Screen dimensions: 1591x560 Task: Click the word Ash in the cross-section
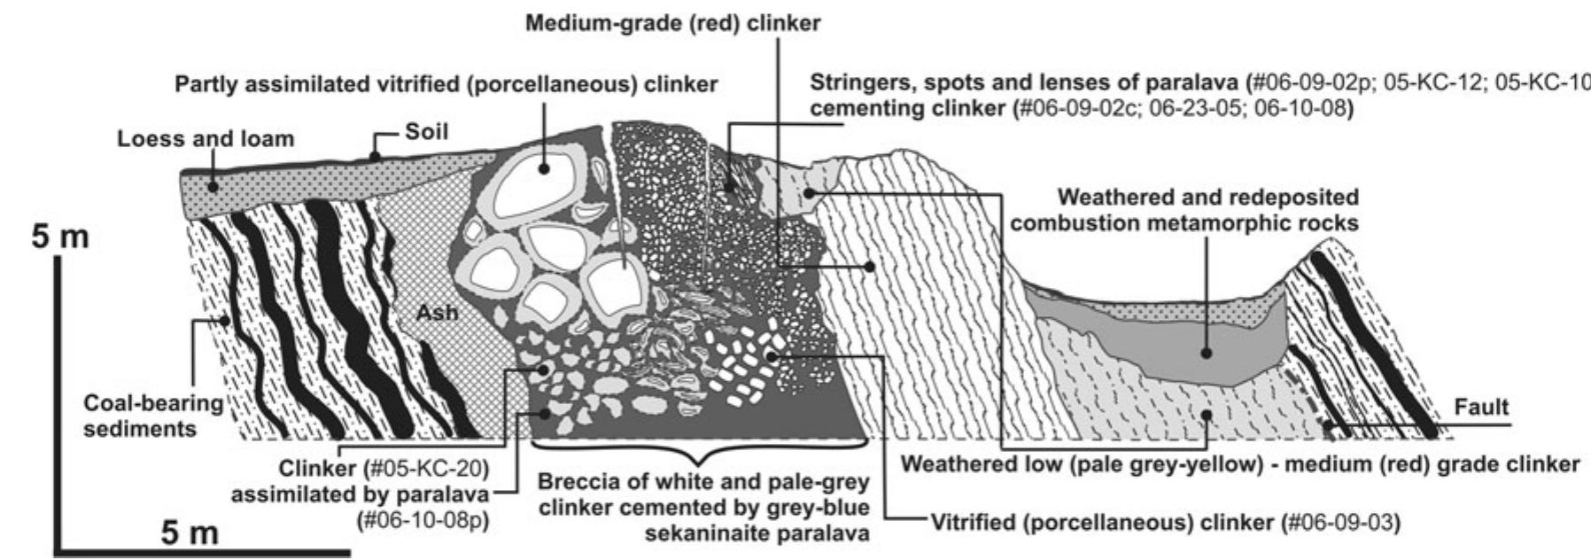(x=437, y=313)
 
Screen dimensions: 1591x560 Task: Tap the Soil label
(x=427, y=132)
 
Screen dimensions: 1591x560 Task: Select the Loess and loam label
(x=205, y=139)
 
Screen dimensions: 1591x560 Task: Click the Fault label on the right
(x=1481, y=408)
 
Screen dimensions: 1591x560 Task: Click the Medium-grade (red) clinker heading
(x=673, y=24)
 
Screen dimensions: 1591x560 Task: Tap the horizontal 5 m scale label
(x=190, y=533)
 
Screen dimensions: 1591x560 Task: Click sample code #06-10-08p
(x=423, y=519)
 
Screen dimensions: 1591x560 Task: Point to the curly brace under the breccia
(x=700, y=453)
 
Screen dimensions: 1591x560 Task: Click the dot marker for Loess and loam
(x=212, y=186)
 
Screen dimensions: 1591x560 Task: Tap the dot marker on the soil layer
(x=375, y=156)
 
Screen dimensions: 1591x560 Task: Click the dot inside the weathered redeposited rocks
(x=1207, y=353)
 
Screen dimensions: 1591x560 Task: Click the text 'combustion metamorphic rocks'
(x=1184, y=222)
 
